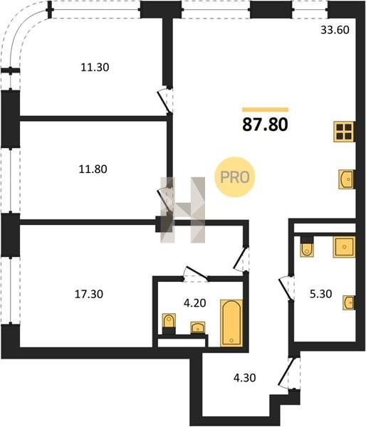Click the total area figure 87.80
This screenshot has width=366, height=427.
pyautogui.click(x=265, y=125)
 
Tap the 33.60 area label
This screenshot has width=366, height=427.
pyautogui.click(x=335, y=30)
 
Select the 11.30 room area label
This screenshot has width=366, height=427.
pyautogui.click(x=95, y=68)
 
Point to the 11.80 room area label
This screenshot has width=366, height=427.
pyautogui.click(x=93, y=169)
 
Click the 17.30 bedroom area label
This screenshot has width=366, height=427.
pyautogui.click(x=89, y=294)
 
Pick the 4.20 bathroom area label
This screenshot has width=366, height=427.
pyautogui.click(x=194, y=303)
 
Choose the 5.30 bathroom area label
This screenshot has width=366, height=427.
pyautogui.click(x=320, y=294)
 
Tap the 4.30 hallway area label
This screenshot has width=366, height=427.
pyautogui.click(x=244, y=378)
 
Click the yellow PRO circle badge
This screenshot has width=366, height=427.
pyautogui.click(x=235, y=177)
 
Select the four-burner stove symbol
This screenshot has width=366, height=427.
pyautogui.click(x=344, y=132)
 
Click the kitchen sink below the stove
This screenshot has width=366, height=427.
pyautogui.click(x=345, y=179)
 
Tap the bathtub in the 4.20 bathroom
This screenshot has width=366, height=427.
pyautogui.click(x=231, y=323)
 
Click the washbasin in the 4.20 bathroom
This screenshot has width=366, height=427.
pyautogui.click(x=198, y=327)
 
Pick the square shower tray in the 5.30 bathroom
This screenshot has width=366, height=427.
pyautogui.click(x=344, y=247)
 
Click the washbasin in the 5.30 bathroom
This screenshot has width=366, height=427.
pyautogui.click(x=349, y=302)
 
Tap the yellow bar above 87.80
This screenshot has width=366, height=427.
pyautogui.click(x=265, y=110)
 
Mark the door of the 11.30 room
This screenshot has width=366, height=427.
pyautogui.click(x=165, y=100)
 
